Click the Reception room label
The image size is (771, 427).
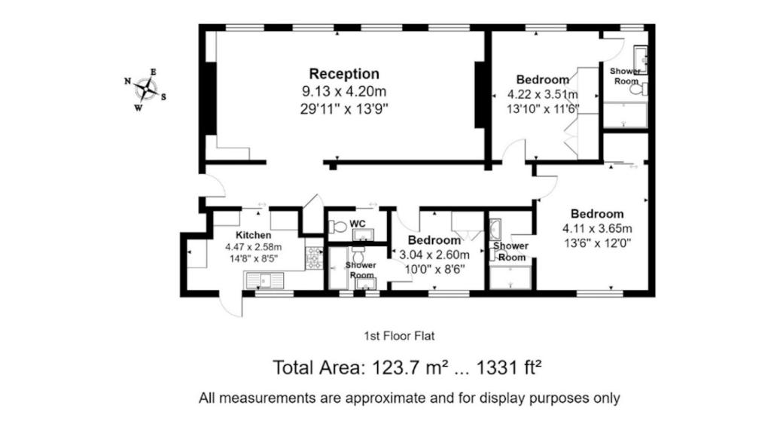point(344,74)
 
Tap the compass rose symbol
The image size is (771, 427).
point(146,90)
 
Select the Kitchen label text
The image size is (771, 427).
point(253,235)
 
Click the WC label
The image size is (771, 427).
point(358,224)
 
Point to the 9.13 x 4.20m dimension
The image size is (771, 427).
point(344,92)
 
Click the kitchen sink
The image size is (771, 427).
point(264,280)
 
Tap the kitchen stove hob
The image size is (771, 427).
point(313,258)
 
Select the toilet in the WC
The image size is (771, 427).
point(338,227)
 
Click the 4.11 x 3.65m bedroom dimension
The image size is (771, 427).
point(597,229)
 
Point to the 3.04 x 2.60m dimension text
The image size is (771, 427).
point(434,255)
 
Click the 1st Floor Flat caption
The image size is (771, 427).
point(399,336)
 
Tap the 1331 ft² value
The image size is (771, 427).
point(510,368)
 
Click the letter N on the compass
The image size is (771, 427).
point(127,81)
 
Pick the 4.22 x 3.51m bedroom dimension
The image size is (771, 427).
point(543,94)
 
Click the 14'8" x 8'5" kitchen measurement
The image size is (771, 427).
point(253,258)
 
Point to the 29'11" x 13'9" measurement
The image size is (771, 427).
point(344,108)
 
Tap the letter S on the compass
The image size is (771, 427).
point(163,97)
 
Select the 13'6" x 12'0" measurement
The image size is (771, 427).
point(597,242)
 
